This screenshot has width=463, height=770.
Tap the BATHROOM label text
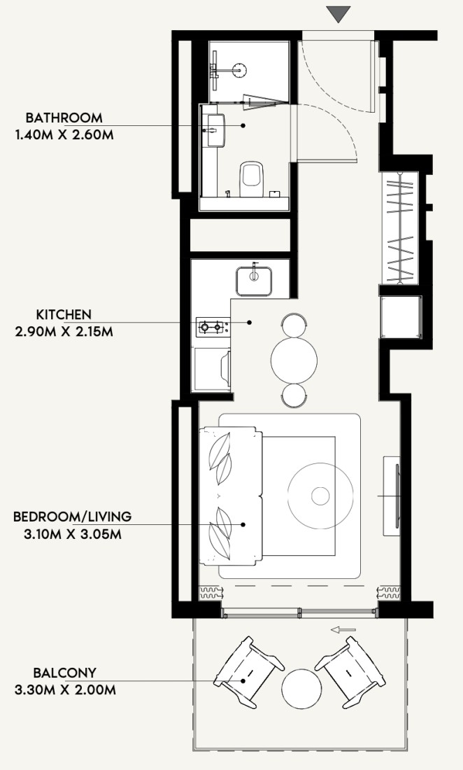pos(64,118)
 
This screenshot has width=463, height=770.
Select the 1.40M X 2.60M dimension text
pos(64,134)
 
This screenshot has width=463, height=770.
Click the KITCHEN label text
pos(64,315)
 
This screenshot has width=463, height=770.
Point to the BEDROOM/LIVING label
pos(73,517)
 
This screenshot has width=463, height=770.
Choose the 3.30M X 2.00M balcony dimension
pos(65,690)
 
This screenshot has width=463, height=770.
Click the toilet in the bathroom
pos(252,178)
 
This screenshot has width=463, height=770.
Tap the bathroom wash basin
pos(216,130)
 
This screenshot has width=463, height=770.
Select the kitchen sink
pos(254,281)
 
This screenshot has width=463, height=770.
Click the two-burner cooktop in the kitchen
pos(213,327)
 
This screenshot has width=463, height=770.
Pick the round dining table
pos(294,361)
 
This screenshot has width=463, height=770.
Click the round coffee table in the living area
pos(320,496)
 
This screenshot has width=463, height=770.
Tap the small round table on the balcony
pos(301,689)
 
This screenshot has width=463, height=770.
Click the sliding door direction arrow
pos(343,629)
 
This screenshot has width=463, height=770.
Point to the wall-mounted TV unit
pos(392,496)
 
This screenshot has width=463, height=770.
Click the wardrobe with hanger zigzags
pos(400,228)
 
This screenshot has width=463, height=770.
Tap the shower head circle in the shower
pos(239,70)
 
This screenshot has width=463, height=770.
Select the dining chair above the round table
pos(294,325)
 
